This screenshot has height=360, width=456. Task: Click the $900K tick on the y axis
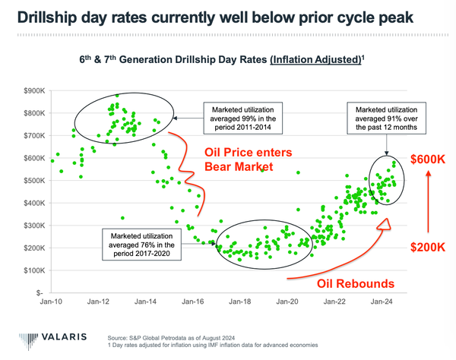point(33,91)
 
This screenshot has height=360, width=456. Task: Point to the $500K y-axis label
point(33,181)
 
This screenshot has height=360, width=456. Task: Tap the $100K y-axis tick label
point(33,270)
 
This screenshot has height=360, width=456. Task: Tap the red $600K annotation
point(428,160)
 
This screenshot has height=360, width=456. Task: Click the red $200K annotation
point(428,248)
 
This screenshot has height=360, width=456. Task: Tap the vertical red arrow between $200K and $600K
point(428,204)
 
